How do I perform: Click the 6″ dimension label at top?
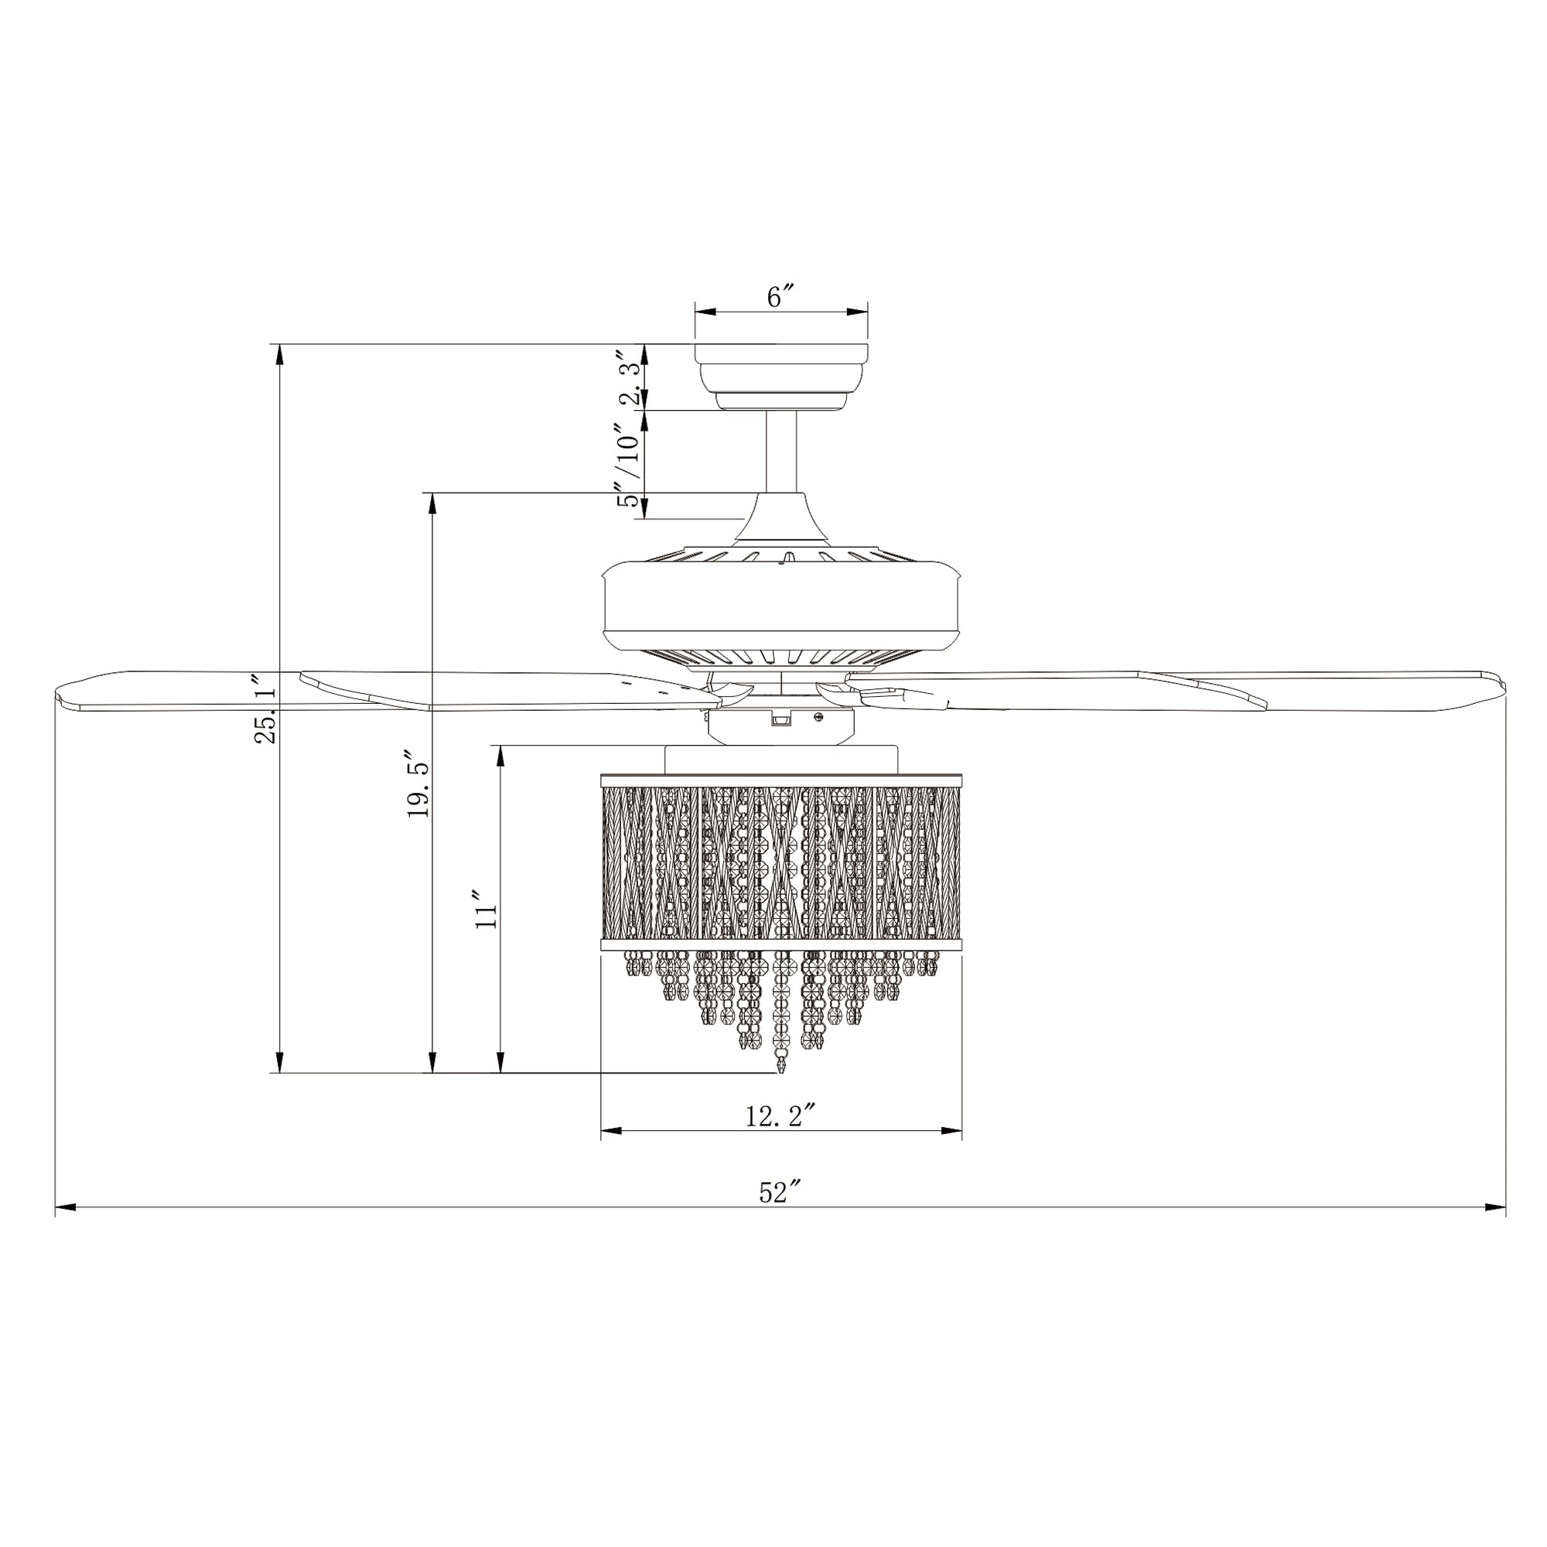coord(779,297)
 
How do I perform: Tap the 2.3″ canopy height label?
coord(630,377)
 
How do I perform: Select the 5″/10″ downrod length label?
coord(630,465)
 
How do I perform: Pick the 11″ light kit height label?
coord(486,908)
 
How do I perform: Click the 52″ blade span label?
coord(779,1214)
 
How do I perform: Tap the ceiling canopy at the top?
coord(780,377)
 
